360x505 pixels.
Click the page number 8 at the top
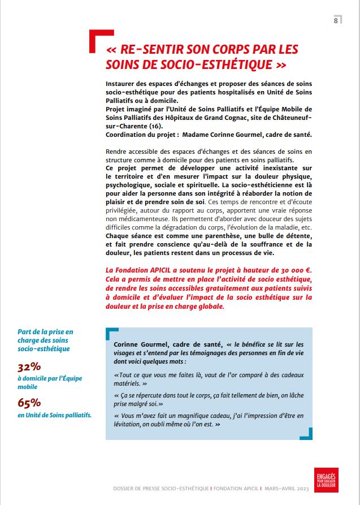click(336, 20)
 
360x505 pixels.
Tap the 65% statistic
click(29, 403)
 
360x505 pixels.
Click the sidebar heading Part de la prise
click(45, 331)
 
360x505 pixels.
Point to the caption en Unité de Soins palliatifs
click(55, 416)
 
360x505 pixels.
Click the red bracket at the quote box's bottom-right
click(307, 434)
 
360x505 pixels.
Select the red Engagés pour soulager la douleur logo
click(326, 479)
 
